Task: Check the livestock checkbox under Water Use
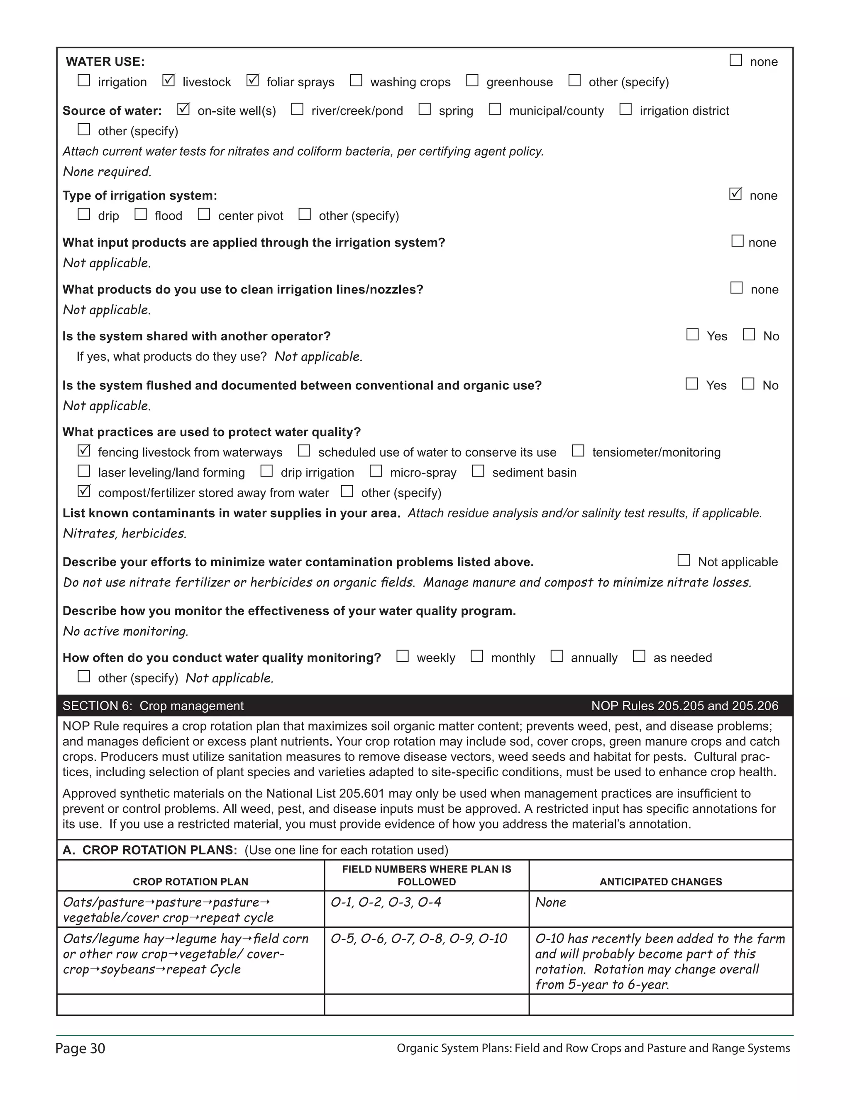click(x=168, y=81)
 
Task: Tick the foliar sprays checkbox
click(x=252, y=81)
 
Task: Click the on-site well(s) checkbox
click(x=183, y=109)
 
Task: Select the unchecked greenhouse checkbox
click(x=472, y=81)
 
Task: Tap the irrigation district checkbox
click(x=625, y=109)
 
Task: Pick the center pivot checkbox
click(x=203, y=215)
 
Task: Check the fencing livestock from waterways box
click(x=83, y=451)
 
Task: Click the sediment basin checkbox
click(x=478, y=472)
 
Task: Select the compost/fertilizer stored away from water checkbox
click(x=83, y=491)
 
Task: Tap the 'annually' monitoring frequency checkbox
click(x=557, y=656)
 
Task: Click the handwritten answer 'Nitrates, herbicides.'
click(x=125, y=533)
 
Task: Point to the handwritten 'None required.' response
click(x=107, y=172)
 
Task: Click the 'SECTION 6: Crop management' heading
click(x=153, y=706)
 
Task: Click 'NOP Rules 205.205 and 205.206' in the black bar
click(x=684, y=706)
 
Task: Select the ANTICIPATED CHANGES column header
click(x=660, y=881)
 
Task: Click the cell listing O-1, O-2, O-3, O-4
click(x=386, y=902)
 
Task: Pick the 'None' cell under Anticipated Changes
click(x=550, y=902)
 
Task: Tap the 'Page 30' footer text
click(x=80, y=1048)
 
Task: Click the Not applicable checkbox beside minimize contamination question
click(x=683, y=560)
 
